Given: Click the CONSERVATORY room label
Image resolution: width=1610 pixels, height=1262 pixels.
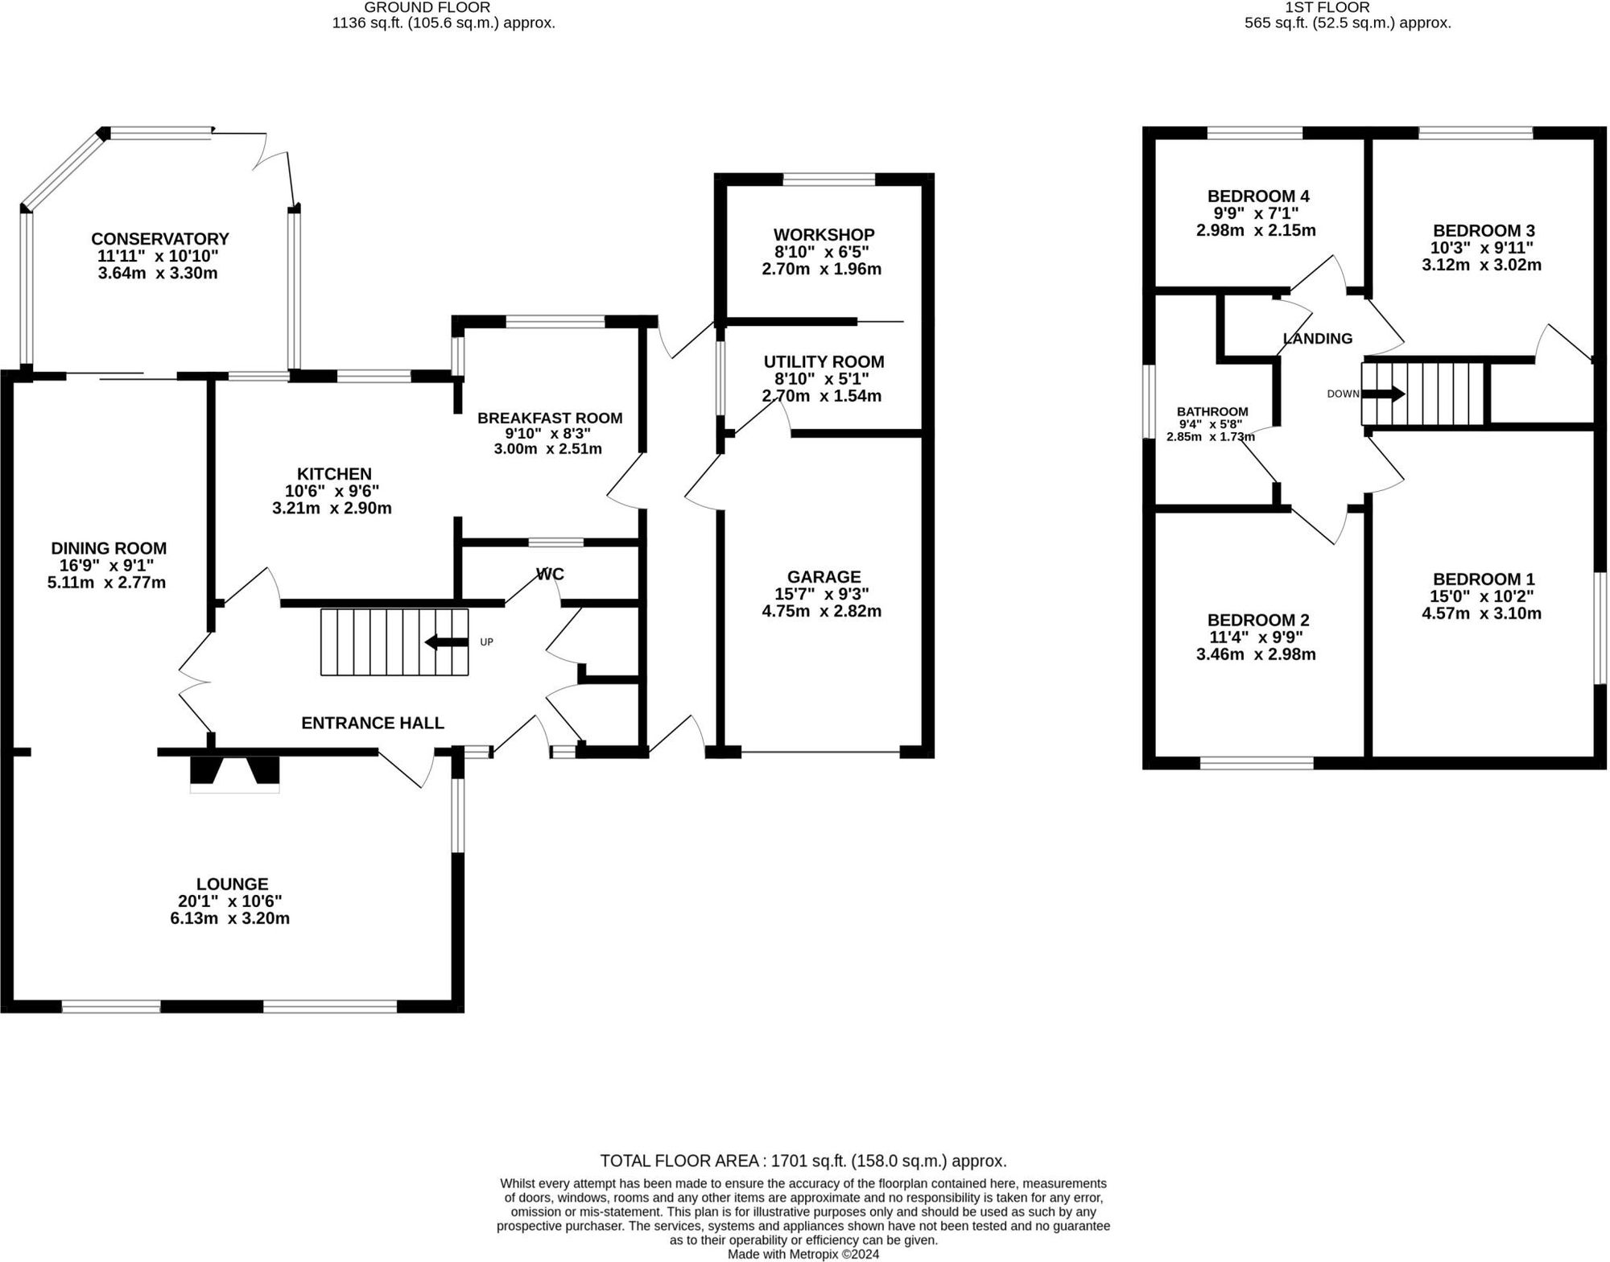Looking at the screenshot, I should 159,239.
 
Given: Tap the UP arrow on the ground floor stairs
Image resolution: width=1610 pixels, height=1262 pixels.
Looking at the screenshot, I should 447,641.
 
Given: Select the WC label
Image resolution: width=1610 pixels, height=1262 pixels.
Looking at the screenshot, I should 550,574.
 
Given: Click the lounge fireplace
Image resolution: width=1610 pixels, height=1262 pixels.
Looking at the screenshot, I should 234,773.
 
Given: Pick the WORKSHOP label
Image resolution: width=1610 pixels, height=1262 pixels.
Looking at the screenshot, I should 824,234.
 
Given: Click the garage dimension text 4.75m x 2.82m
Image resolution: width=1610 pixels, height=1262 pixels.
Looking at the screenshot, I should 821,611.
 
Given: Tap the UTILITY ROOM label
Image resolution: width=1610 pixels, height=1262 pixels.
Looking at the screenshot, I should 824,361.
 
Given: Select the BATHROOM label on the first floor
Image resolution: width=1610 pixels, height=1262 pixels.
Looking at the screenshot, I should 1212,411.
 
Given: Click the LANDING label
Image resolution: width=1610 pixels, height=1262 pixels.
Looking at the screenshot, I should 1317,339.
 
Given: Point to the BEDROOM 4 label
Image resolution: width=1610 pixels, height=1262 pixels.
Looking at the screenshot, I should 1257,196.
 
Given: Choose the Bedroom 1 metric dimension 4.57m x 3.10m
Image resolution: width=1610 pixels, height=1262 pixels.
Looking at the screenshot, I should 1481,613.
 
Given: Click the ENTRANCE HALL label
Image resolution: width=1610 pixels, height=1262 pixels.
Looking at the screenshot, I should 372,723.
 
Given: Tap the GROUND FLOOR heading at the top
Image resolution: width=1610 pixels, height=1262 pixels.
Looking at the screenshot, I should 427,7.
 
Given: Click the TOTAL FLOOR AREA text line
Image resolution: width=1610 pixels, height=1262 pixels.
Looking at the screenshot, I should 803,1161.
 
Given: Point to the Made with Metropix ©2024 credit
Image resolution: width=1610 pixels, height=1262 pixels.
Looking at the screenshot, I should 803,1254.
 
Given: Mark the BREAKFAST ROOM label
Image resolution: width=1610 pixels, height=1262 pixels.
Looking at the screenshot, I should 549,418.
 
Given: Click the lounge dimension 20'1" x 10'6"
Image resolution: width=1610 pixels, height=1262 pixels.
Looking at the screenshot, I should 230,901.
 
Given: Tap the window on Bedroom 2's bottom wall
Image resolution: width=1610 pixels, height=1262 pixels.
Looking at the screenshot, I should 1257,763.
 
